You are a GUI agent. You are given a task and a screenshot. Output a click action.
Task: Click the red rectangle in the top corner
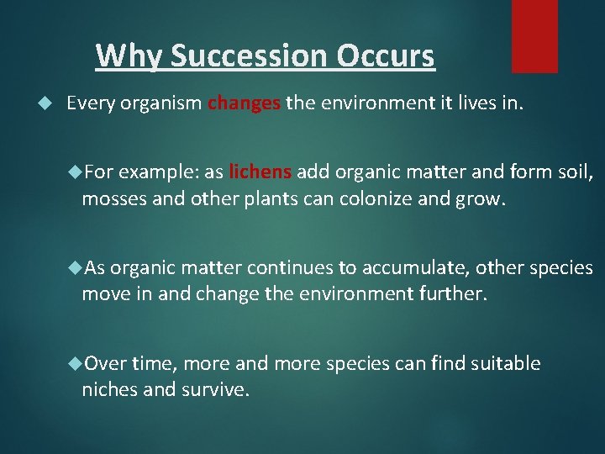pos(534,35)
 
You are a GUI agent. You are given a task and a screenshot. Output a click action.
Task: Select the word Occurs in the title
pos(387,56)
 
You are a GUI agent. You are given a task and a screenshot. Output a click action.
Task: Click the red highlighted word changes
pos(244,104)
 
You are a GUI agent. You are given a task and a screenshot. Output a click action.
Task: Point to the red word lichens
pos(260,172)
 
